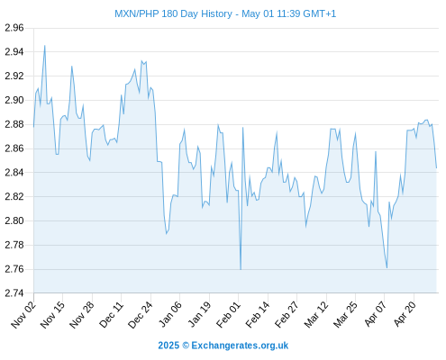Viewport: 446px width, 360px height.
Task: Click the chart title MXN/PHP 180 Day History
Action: pyautogui.click(x=173, y=13)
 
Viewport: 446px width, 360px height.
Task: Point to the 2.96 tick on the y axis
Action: pyautogui.click(x=14, y=28)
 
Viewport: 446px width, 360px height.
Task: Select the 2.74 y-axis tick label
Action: pyautogui.click(x=14, y=292)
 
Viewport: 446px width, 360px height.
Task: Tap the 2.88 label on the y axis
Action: pyautogui.click(x=14, y=124)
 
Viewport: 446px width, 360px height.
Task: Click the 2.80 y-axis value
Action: pyautogui.click(x=14, y=220)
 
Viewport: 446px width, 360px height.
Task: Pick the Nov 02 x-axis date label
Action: pyautogui.click(x=23, y=314)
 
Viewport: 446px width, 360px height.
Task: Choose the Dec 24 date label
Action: pyautogui.click(x=141, y=314)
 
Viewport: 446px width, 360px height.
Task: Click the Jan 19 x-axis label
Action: pyautogui.click(x=199, y=314)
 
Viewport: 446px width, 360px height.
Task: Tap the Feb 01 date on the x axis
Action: pyautogui.click(x=228, y=314)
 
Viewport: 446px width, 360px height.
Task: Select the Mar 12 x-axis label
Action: pyautogui.click(x=316, y=314)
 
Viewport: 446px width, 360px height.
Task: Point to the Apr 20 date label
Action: pyautogui.click(x=405, y=314)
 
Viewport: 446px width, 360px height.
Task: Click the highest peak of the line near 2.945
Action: pyautogui.click(x=45, y=46)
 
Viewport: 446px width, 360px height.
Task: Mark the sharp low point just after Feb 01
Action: pyautogui.click(x=241, y=269)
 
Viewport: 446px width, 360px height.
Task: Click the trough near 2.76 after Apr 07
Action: pyautogui.click(x=387, y=268)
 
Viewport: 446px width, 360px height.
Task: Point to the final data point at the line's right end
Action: pyautogui.click(x=436, y=168)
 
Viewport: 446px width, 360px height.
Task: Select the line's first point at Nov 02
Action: pyautogui.click(x=33, y=127)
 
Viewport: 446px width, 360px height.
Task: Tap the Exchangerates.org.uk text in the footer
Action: pyautogui.click(x=240, y=346)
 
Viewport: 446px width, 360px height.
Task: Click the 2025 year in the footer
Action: pyautogui.click(x=168, y=346)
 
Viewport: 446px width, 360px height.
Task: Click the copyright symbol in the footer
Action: pyautogui.click(x=186, y=346)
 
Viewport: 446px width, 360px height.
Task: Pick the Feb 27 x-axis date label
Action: pyautogui.click(x=287, y=314)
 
